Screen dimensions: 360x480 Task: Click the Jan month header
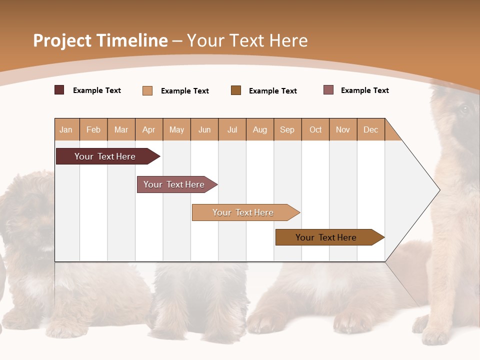(66, 129)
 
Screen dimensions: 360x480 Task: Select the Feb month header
(93, 129)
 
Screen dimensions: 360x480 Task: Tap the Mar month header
(121, 129)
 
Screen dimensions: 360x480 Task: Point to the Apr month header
(148, 129)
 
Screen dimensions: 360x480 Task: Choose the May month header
(176, 129)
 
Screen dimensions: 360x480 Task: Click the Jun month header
(204, 129)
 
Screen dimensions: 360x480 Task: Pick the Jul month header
(232, 129)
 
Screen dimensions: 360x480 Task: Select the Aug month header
(259, 129)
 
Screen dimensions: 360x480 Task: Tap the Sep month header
(287, 129)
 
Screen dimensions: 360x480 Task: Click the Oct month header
(315, 129)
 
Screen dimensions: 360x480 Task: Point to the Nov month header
(343, 129)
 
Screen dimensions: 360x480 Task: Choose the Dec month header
(370, 129)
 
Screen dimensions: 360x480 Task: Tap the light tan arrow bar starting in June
(243, 212)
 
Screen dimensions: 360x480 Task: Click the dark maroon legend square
(59, 90)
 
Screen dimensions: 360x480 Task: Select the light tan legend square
(147, 90)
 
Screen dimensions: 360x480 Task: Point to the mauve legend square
(328, 90)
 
